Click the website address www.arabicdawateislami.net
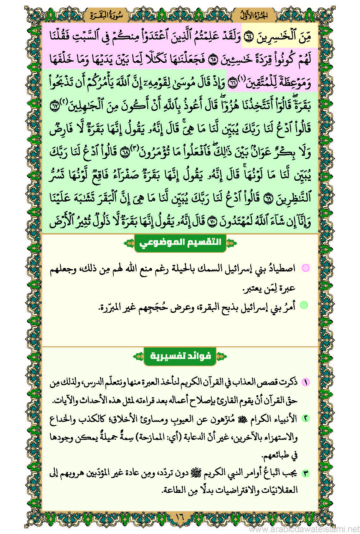tap(304, 528)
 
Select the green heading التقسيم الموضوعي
tap(180, 243)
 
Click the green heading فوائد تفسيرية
tap(180, 356)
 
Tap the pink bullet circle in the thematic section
tap(305, 268)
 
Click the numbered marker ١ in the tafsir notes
tap(305, 382)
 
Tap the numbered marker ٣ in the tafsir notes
tap(305, 473)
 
